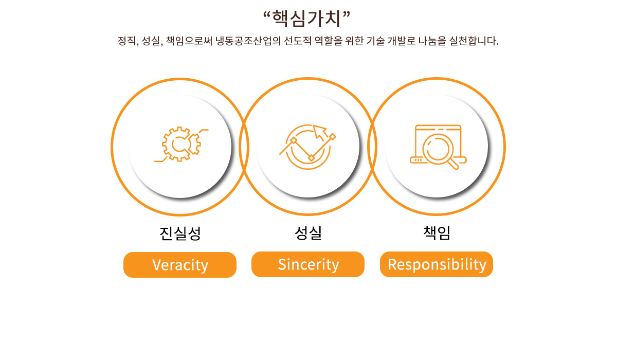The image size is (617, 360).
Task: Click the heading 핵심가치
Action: coord(306,19)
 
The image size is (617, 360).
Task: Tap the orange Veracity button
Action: coord(180,265)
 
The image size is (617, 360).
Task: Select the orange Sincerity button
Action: coord(308,264)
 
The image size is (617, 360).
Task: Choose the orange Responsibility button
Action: coord(437,264)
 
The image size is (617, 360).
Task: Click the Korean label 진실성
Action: coord(180,233)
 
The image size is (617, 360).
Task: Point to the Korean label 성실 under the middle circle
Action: coord(308,233)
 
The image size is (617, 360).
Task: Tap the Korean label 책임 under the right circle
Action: coord(437,233)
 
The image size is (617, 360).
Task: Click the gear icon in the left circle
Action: coord(181,144)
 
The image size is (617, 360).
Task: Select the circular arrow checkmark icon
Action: coord(307,147)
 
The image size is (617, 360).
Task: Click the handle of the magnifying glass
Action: coord(453,164)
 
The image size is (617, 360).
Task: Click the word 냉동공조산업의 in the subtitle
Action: coord(248,41)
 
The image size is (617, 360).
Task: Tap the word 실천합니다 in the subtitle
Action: coord(474,41)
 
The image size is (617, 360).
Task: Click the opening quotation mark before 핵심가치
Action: coord(266,14)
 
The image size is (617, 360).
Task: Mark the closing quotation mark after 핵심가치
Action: coord(347,14)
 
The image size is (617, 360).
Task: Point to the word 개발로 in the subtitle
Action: coord(402,41)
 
